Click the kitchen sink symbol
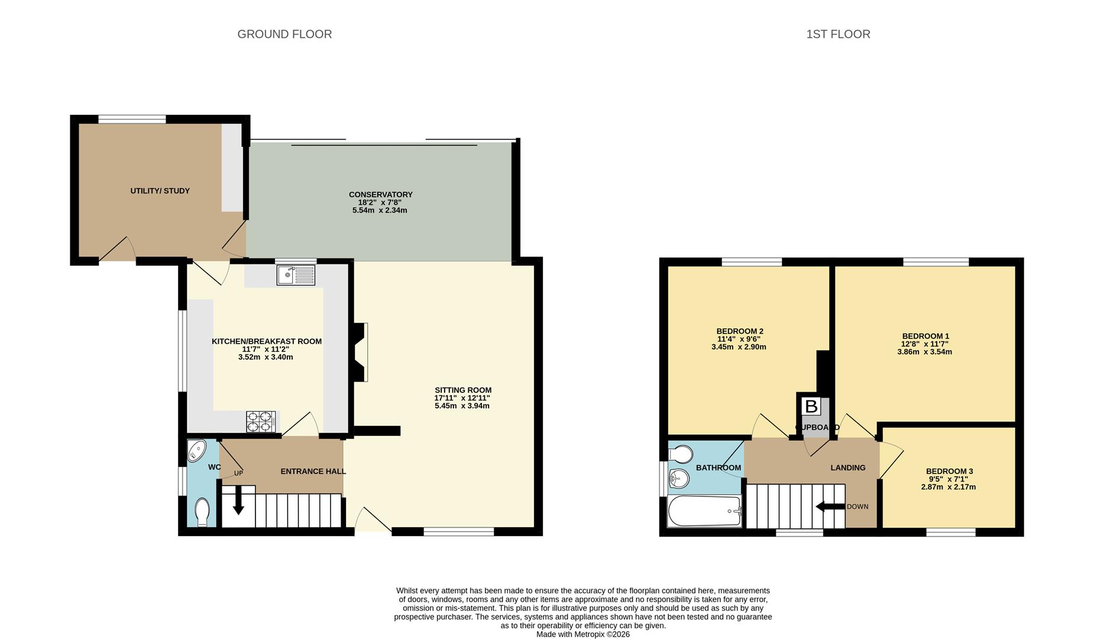(x=296, y=275)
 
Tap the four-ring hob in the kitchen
(x=261, y=422)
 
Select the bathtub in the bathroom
(x=705, y=511)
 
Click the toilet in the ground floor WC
(x=202, y=512)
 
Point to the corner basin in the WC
(x=196, y=451)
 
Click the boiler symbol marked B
(x=811, y=406)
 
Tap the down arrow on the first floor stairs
(x=830, y=506)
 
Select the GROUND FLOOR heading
(x=284, y=34)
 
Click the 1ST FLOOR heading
(x=838, y=34)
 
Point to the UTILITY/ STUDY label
(x=160, y=191)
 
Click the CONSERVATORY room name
(x=381, y=195)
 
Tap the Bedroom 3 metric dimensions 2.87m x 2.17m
(x=949, y=488)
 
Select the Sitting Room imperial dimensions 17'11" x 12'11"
(x=462, y=398)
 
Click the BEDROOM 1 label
(x=925, y=336)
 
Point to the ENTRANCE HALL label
(x=313, y=472)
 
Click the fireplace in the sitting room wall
(x=361, y=351)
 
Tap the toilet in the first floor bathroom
(x=680, y=454)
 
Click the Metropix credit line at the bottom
(x=583, y=634)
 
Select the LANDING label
(x=848, y=467)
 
